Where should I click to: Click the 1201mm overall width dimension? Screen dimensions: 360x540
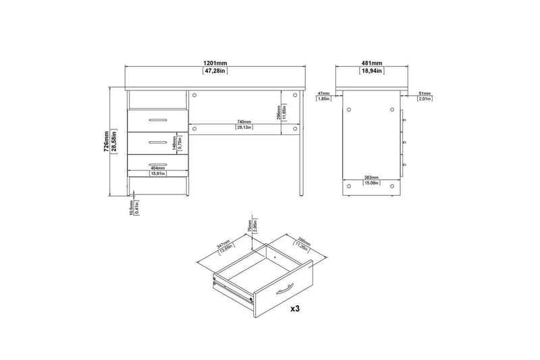point(217,62)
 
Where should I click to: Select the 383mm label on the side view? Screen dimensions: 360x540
point(371,177)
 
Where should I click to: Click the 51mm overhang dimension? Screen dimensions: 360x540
point(425,93)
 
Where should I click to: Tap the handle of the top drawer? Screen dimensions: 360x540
point(157,119)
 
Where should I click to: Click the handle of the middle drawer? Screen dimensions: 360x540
point(157,141)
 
